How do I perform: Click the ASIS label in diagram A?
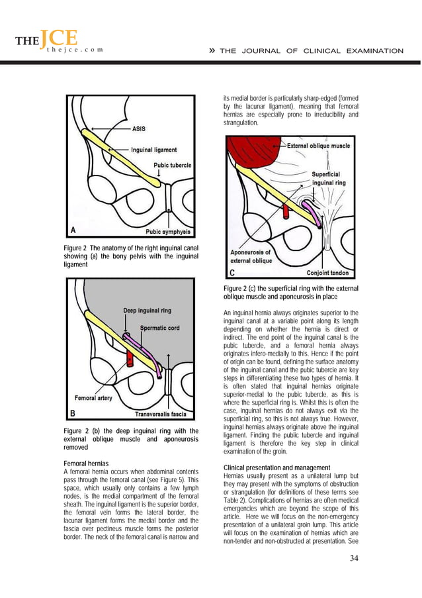point(139,128)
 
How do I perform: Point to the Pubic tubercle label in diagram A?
point(173,165)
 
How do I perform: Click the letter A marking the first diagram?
point(73,230)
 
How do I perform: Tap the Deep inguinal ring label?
point(147,310)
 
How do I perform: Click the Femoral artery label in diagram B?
point(92,399)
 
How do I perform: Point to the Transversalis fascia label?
point(163,415)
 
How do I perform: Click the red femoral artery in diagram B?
point(130,359)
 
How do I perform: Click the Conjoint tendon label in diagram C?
point(331,273)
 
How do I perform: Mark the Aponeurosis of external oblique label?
point(250,256)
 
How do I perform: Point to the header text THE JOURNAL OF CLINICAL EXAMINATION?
point(311,51)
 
